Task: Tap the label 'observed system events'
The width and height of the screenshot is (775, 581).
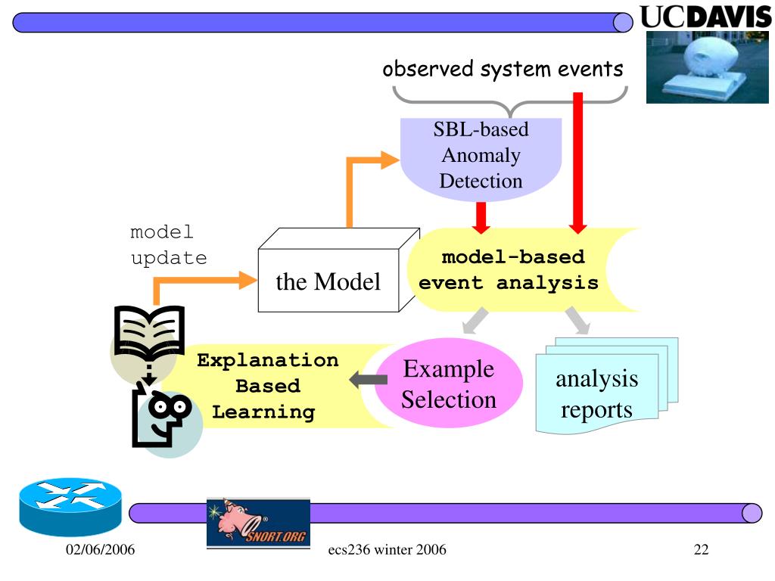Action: [503, 70]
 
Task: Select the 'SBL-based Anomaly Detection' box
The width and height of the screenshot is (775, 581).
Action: [481, 156]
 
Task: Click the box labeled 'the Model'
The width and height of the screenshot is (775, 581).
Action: [328, 282]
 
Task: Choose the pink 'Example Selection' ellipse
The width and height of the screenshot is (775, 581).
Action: [449, 384]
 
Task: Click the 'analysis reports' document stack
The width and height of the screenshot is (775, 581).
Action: [597, 393]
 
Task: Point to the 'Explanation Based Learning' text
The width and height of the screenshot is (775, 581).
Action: [267, 386]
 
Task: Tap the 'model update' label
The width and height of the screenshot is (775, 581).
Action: [168, 244]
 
